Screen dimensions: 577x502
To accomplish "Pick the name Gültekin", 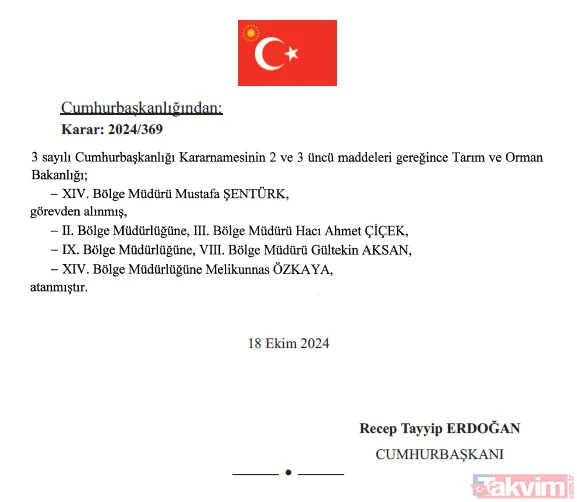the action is [319, 249].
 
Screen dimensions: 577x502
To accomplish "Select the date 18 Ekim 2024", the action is [289, 343].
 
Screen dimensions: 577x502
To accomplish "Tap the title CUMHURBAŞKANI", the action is [439, 453].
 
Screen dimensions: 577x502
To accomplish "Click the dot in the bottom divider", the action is [288, 471].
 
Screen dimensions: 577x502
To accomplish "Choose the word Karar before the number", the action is [83, 129].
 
